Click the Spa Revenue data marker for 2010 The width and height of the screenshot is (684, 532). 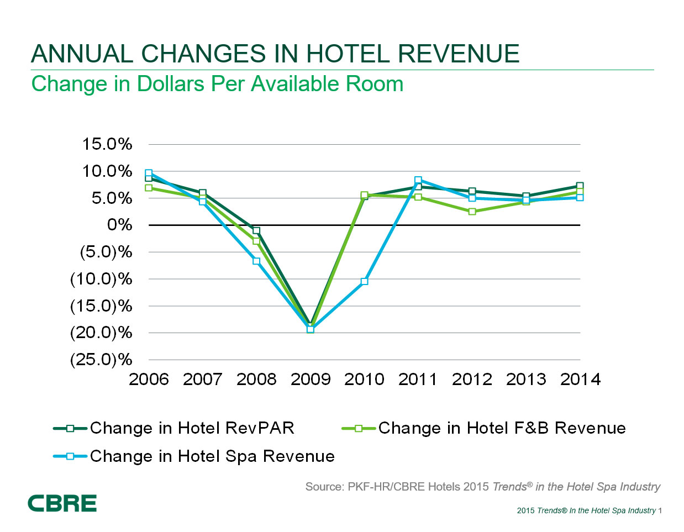[364, 281]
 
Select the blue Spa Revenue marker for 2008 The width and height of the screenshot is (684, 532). [256, 261]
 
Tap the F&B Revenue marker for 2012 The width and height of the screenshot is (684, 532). [472, 212]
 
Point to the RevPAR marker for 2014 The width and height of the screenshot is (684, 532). [580, 186]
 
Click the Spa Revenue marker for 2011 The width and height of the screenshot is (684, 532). [418, 180]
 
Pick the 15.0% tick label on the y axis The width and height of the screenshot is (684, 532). [107, 144]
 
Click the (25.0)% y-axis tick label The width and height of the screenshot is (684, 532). [101, 360]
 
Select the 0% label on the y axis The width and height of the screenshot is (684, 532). [119, 225]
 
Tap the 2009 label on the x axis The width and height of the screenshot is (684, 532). [311, 379]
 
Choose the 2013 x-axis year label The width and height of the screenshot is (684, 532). [526, 379]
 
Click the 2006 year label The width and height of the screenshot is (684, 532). [149, 379]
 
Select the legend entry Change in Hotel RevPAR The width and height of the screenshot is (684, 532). [192, 428]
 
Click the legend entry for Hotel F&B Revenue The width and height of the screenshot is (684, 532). [502, 428]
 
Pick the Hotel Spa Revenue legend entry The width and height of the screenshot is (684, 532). [212, 456]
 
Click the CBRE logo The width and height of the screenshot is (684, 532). [62, 503]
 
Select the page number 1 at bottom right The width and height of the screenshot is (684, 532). [660, 510]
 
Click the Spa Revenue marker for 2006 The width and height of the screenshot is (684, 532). [149, 173]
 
